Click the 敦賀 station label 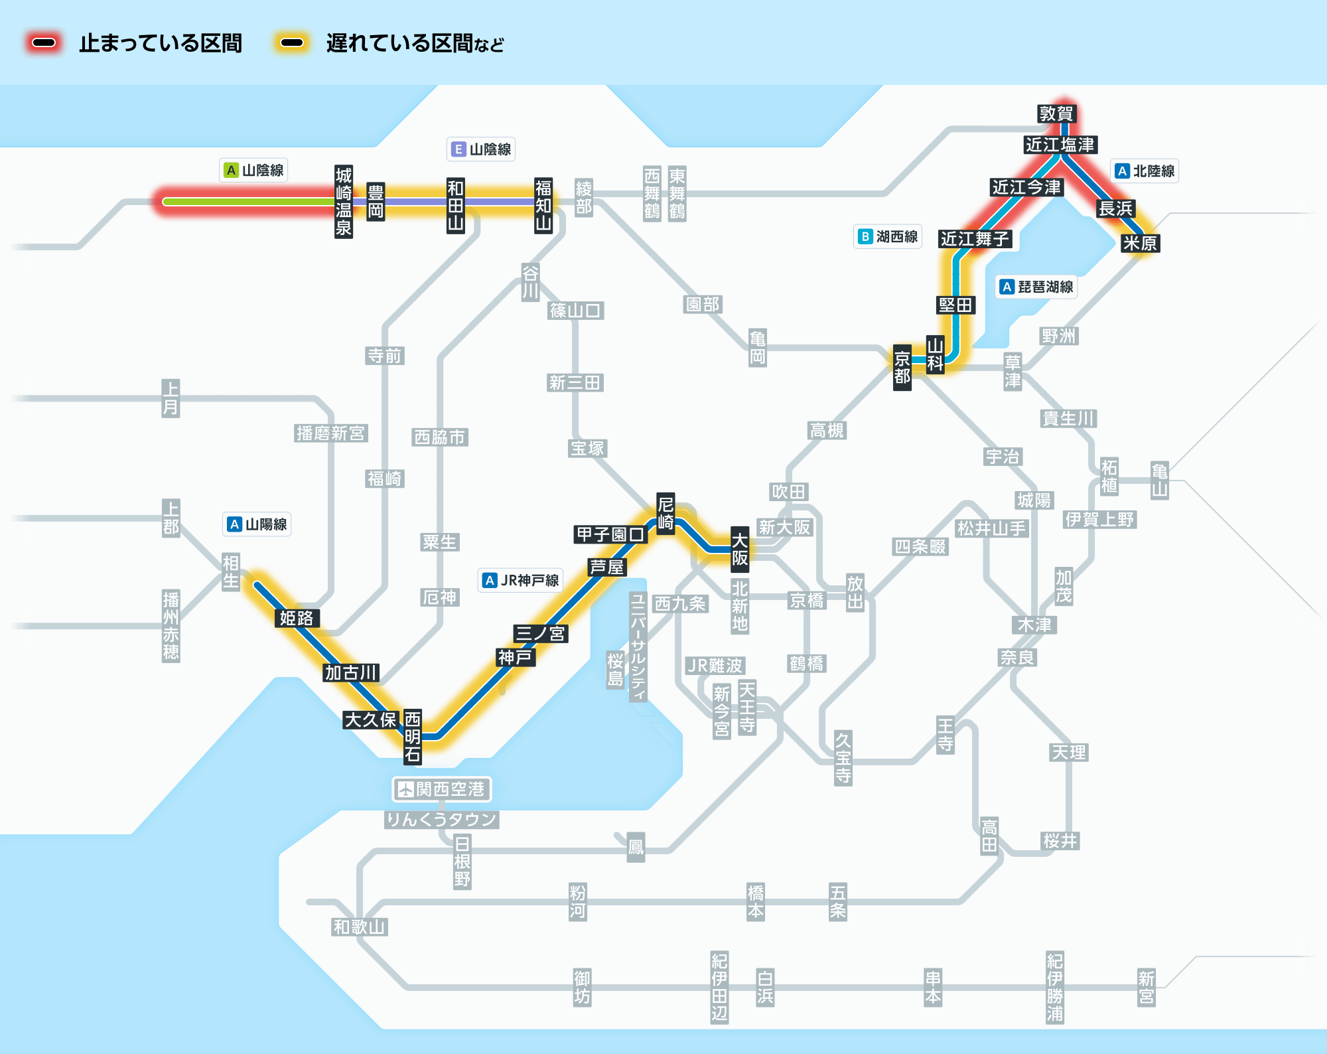pos(1056,113)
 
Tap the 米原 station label pos(1140,243)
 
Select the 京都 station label pos(902,368)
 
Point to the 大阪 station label pos(740,549)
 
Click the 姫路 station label pos(297,618)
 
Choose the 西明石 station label pos(413,736)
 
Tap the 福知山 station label pos(543,205)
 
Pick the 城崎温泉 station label pos(343,202)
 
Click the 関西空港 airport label pos(442,789)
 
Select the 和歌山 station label pos(360,927)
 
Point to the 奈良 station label pos(1018,657)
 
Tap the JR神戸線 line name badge pos(521,580)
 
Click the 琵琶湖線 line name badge pos(1038,287)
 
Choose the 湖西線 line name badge pos(888,236)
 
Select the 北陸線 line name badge pos(1145,171)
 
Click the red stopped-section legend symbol pos(44,43)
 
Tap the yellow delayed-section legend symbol pos(292,43)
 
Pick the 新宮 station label pos(1146,988)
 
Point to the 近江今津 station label pos(1027,187)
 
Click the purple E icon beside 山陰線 pos(458,149)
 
